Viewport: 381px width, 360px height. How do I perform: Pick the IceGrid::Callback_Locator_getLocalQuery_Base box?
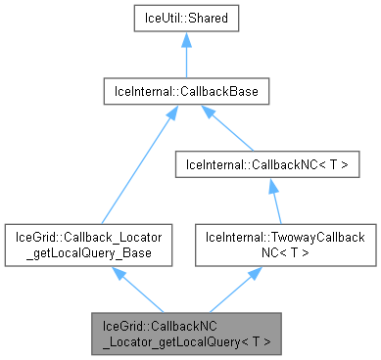pyautogui.click(x=89, y=244)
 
